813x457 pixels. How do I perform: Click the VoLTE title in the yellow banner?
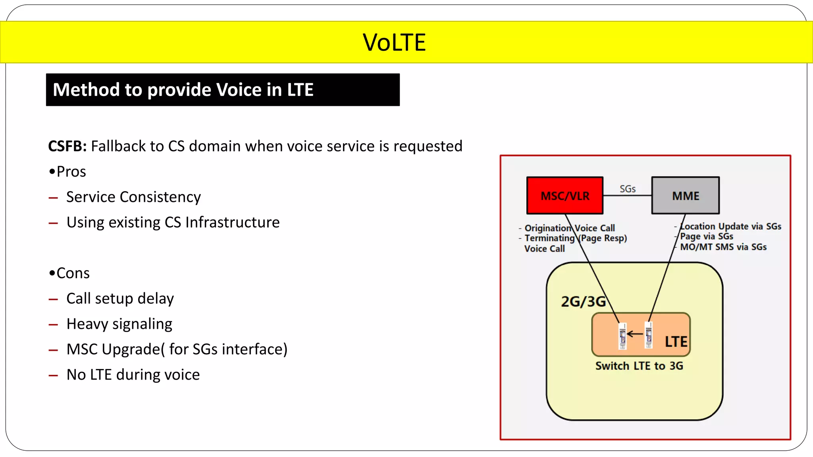coord(394,42)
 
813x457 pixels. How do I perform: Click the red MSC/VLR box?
coord(564,196)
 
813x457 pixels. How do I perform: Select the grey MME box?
coord(685,196)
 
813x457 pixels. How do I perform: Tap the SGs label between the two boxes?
coord(627,189)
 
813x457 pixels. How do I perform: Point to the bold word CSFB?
coord(67,146)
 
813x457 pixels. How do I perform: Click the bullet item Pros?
coord(71,171)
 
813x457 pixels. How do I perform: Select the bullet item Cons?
coord(73,273)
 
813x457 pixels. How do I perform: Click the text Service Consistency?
coord(133,197)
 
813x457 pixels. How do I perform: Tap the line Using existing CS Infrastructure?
coord(173,222)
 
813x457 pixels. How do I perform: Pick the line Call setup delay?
coord(120,298)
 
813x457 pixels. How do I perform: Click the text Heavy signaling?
coord(119,324)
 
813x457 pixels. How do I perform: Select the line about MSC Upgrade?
coord(177,349)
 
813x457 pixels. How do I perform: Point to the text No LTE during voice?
coord(133,374)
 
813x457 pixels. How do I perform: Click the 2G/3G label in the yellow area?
coord(583,301)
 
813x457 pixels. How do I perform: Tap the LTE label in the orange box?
coord(676,342)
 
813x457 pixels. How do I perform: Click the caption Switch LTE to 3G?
coord(639,366)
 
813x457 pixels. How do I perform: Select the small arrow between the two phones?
coord(635,334)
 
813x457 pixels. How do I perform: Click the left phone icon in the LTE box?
coord(622,336)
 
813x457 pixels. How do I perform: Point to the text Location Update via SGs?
coord(730,226)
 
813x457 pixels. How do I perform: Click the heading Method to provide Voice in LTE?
coord(183,90)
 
